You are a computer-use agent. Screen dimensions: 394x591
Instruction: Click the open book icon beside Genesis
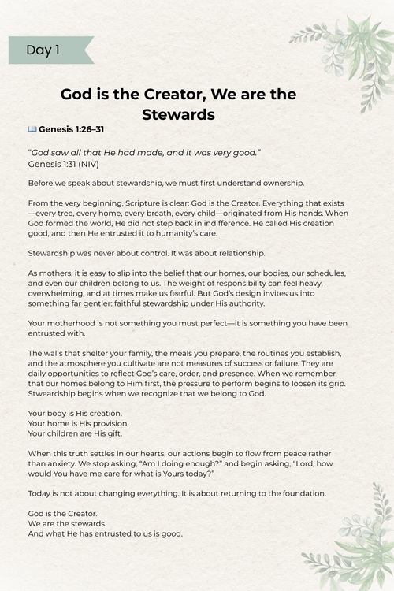[x=32, y=128]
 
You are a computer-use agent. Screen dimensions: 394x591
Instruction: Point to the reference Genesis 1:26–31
[x=70, y=128]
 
